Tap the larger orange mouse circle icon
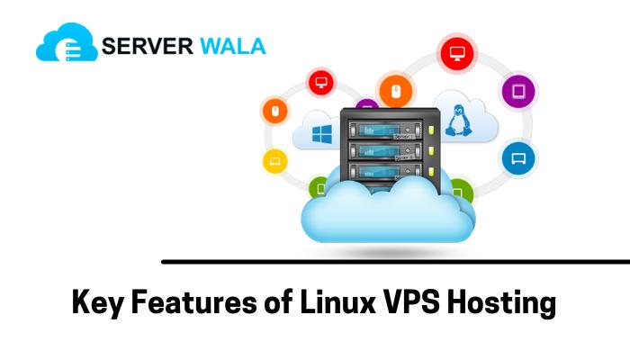(x=395, y=91)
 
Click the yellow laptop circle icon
(x=274, y=161)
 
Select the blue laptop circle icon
(x=517, y=158)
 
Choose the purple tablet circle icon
(x=518, y=90)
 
